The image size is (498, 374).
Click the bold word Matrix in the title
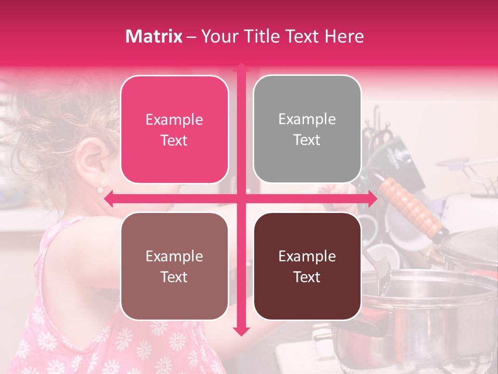click(x=154, y=36)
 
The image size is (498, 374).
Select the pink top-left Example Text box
click(x=174, y=129)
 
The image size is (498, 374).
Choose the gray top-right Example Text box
click(x=307, y=129)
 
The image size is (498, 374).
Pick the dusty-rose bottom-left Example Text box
click(x=174, y=266)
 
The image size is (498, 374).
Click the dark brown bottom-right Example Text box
click(x=307, y=266)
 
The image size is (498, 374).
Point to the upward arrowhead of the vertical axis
click(x=241, y=68)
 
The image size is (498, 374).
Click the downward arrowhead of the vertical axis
click(x=241, y=331)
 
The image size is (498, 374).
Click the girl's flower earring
click(x=100, y=190)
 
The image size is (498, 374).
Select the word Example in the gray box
click(x=307, y=119)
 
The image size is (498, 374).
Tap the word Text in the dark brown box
click(x=307, y=277)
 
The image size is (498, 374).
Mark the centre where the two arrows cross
click(x=241, y=198)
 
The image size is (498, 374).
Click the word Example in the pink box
click(x=174, y=120)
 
